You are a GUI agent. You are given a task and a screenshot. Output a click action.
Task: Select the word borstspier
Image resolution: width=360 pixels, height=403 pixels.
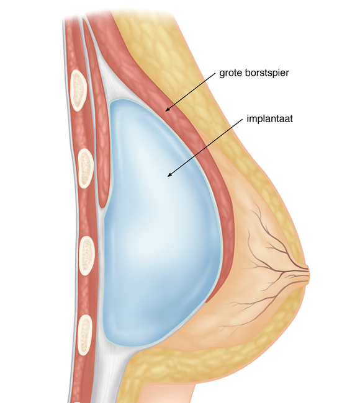(267, 73)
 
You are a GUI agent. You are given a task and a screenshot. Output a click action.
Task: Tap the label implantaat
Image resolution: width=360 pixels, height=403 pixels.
(269, 118)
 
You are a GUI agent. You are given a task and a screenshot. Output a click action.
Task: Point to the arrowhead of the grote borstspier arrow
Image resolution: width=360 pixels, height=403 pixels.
(168, 109)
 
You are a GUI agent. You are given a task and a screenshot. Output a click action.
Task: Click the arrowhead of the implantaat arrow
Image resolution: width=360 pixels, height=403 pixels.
(169, 174)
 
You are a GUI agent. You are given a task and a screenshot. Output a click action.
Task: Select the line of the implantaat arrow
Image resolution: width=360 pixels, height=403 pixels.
(205, 148)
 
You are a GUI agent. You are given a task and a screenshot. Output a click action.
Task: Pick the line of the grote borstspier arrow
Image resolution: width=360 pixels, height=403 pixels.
(190, 92)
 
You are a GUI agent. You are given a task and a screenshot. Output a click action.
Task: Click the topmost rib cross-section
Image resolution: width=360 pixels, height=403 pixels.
(78, 91)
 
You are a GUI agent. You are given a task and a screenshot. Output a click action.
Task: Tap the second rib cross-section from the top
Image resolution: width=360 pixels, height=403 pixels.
(86, 169)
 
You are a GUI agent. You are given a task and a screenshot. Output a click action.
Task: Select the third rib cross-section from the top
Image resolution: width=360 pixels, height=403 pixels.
(87, 256)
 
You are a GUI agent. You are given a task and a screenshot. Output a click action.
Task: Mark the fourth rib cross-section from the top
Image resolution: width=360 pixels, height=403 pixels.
(85, 335)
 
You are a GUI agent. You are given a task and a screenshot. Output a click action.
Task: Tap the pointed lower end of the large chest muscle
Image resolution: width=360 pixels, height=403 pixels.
(206, 302)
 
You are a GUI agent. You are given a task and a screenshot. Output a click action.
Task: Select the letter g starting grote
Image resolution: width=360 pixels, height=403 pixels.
(222, 74)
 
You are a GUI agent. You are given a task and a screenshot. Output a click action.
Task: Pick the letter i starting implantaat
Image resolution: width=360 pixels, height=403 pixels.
(248, 118)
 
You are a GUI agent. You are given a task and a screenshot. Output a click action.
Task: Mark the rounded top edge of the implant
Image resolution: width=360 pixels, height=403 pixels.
(124, 100)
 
